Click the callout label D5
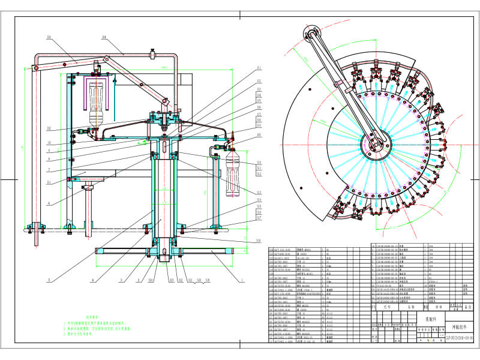tap(49, 38)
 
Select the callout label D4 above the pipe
tap(104, 37)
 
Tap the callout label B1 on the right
tap(259, 67)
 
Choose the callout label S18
tap(259, 240)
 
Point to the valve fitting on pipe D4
tap(154, 55)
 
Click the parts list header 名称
tap(412, 307)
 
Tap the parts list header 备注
tap(469, 307)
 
